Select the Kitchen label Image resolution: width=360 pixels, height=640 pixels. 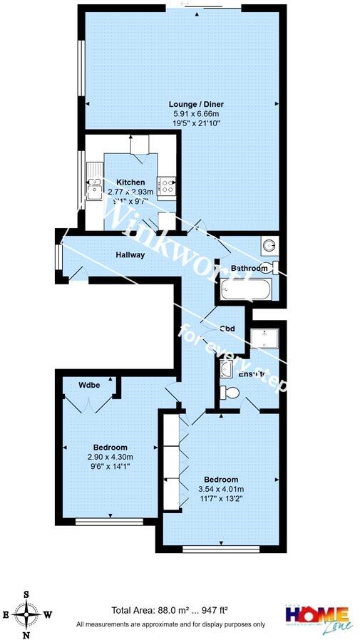point(130,182)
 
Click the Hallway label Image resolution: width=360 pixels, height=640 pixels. point(130,254)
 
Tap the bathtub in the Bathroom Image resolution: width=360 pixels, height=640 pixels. point(245,290)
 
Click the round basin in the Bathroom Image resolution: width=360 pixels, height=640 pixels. point(268,245)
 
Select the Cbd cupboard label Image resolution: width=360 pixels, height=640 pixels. point(228,329)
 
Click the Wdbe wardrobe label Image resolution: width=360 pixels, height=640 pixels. point(89,384)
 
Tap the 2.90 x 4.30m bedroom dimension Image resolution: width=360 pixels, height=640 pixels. point(110,457)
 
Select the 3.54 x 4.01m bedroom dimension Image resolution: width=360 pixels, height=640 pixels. point(221,489)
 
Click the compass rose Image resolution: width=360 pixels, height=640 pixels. point(26,613)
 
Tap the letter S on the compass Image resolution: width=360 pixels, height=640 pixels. point(26,594)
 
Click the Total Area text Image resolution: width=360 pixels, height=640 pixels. point(169,610)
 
